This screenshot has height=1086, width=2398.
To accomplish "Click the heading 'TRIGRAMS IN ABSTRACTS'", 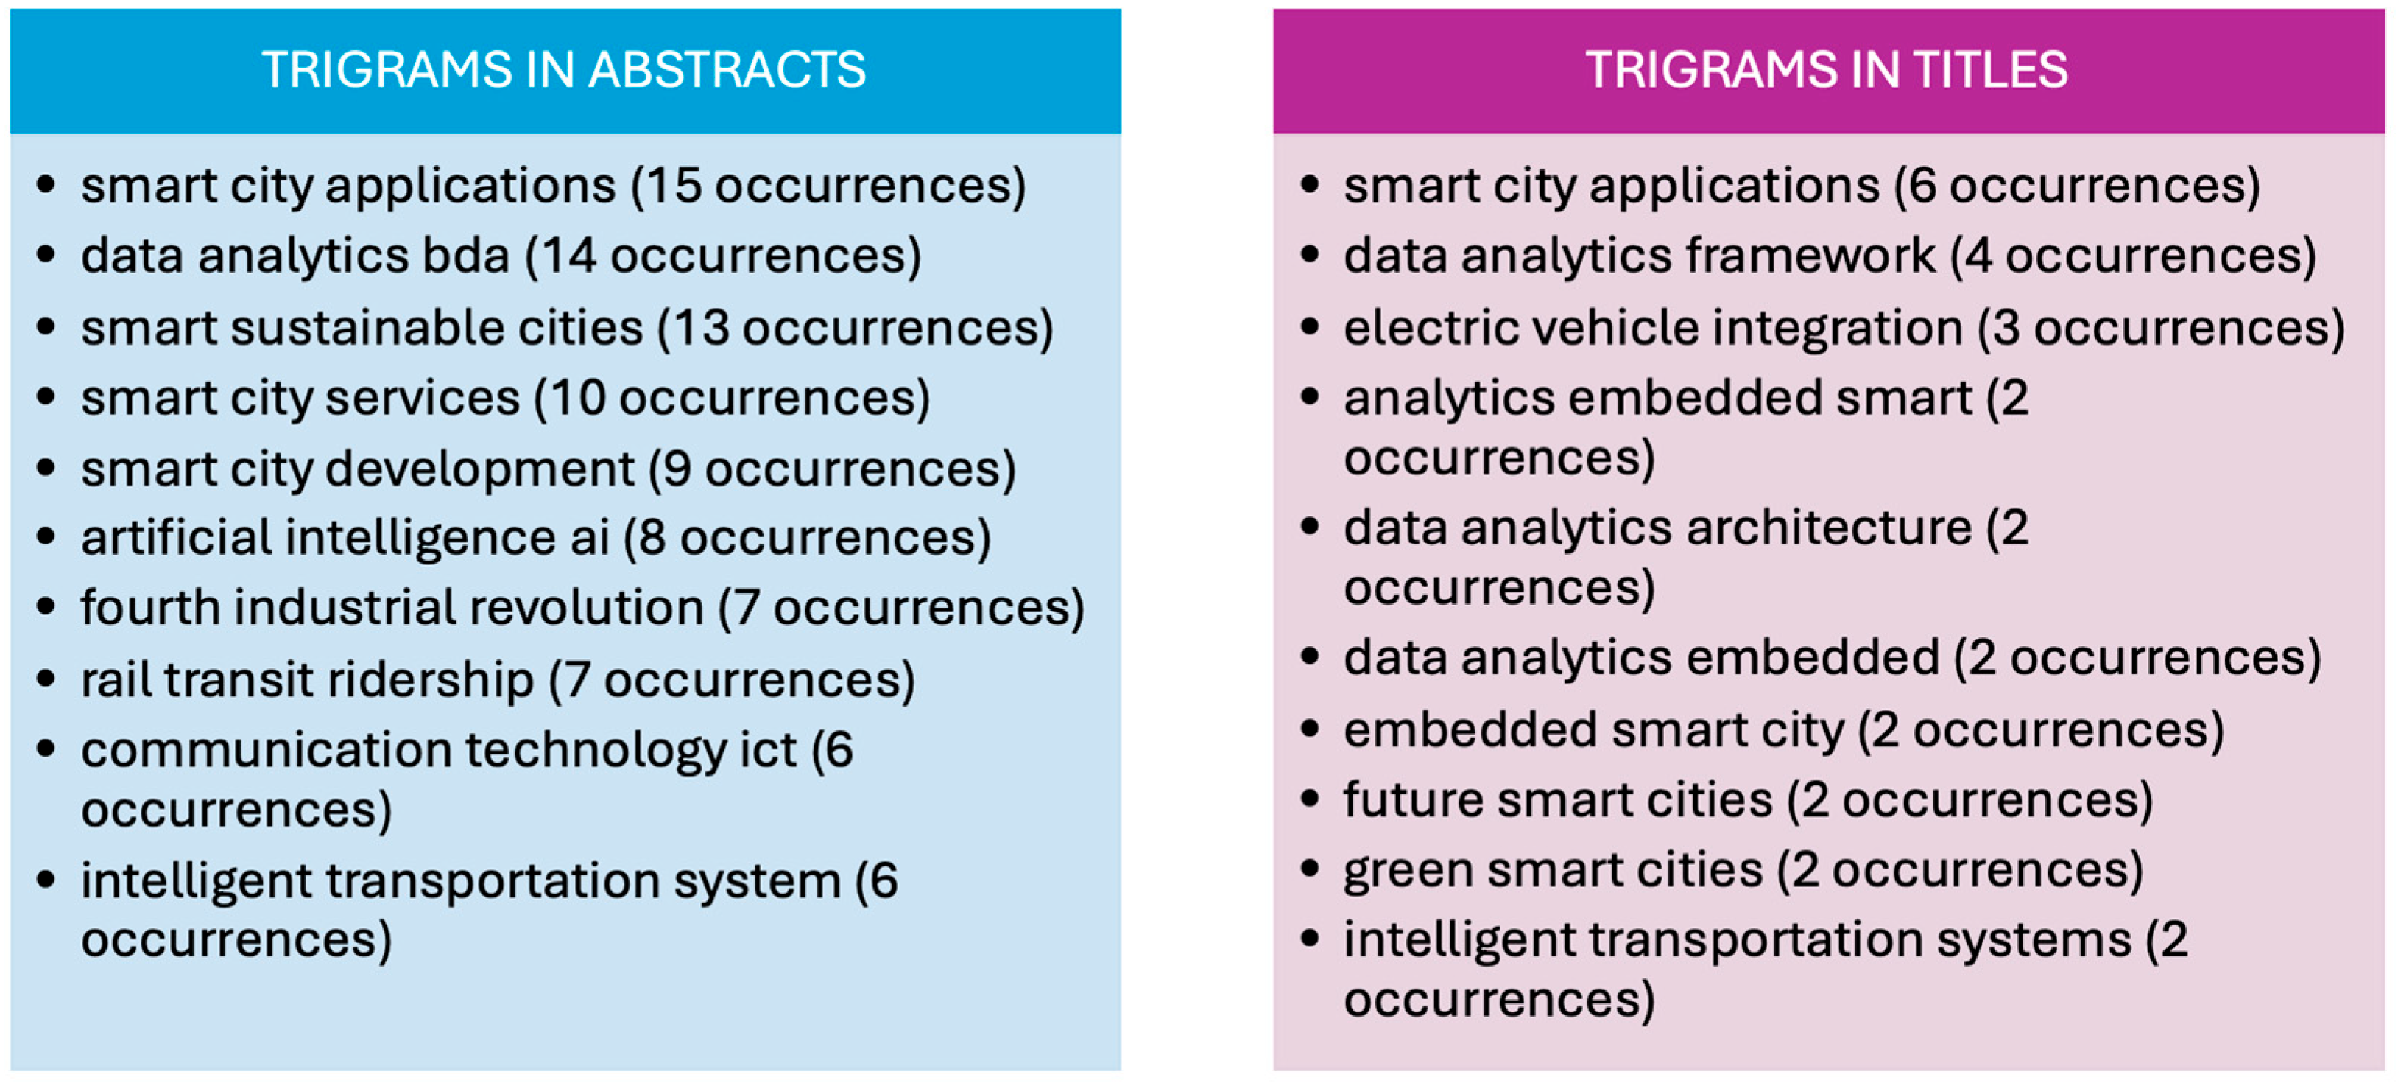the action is click(564, 70).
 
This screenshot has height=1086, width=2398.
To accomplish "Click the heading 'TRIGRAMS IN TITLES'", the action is click(1827, 70).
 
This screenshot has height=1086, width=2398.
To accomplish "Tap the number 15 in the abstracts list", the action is click(674, 186).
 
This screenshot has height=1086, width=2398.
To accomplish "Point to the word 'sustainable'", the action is click(437, 328).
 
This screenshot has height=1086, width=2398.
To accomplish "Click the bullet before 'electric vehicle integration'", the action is click(1310, 328).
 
